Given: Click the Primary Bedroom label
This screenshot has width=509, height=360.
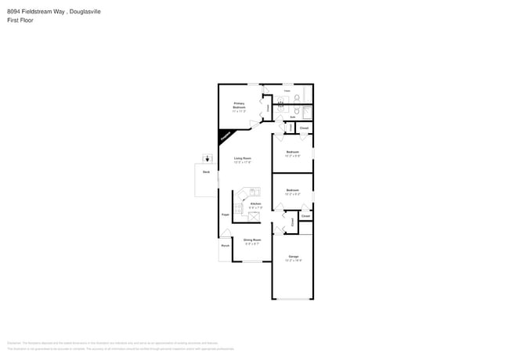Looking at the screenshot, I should pyautogui.click(x=239, y=105).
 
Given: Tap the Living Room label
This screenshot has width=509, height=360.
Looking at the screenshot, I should pyautogui.click(x=242, y=159).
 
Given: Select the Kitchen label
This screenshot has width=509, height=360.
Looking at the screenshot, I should pyautogui.click(x=254, y=203).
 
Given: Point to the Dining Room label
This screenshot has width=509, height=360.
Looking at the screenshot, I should pyautogui.click(x=252, y=239).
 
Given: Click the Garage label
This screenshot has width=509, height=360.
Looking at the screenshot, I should pyautogui.click(x=293, y=257).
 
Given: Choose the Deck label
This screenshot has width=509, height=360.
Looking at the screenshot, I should pyautogui.click(x=206, y=171).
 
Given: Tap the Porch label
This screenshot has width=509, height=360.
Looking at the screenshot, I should pyautogui.click(x=225, y=246).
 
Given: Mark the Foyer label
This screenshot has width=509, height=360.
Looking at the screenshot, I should pyautogui.click(x=224, y=212).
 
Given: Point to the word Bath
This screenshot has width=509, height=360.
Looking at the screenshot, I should pyautogui.click(x=293, y=117).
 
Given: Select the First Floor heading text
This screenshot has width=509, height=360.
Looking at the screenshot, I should pyautogui.click(x=20, y=20).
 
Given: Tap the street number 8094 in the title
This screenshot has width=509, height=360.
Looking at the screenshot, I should pyautogui.click(x=13, y=12).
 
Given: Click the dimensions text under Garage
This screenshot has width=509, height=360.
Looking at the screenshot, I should pyautogui.click(x=293, y=261).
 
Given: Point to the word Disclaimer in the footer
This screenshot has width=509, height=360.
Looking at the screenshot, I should pyautogui.click(x=13, y=343).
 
